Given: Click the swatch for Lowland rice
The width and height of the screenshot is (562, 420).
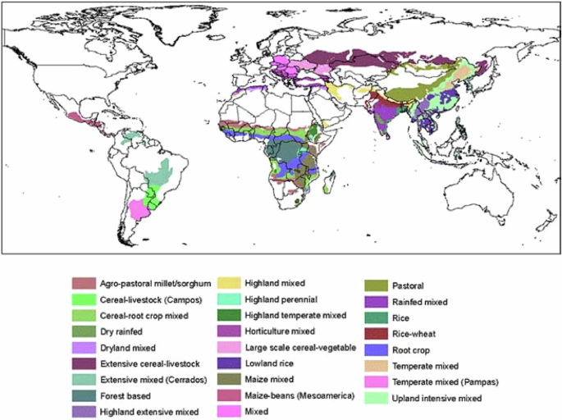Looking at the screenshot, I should pyautogui.click(x=229, y=362).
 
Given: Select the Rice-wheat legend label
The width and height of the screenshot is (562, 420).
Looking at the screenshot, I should pyautogui.click(x=426, y=333).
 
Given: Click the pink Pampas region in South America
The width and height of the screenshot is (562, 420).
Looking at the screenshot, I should pyautogui.click(x=141, y=210).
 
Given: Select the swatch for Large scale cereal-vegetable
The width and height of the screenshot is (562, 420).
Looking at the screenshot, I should pyautogui.click(x=229, y=346).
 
